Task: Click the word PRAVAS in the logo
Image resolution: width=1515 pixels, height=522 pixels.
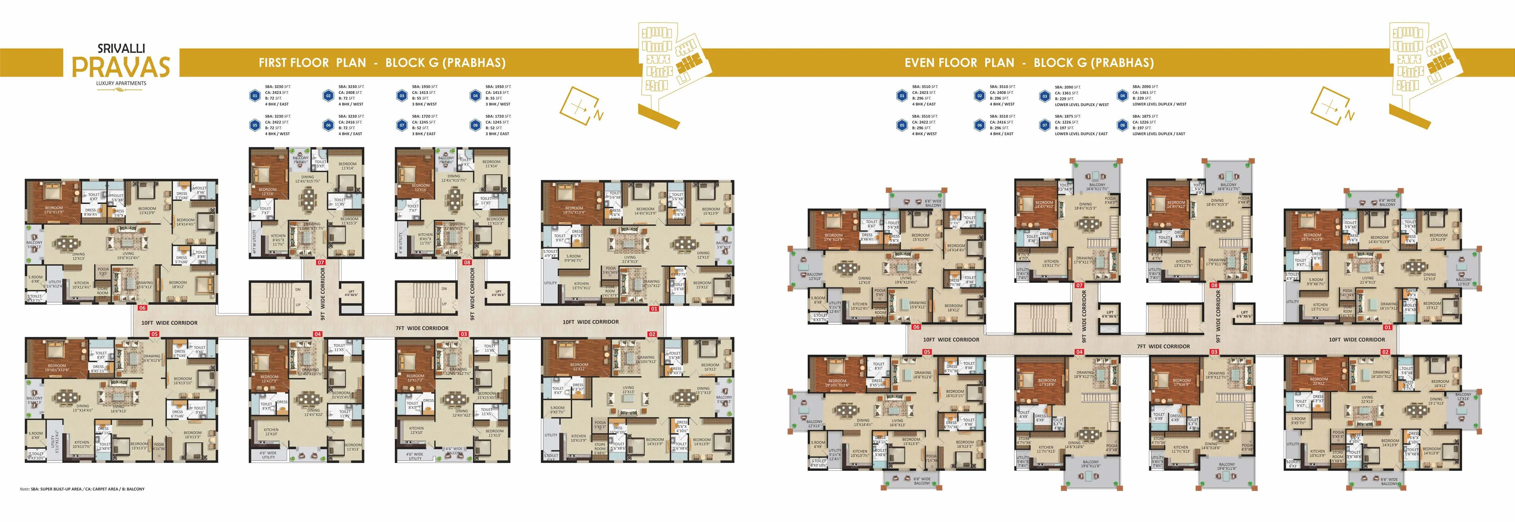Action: pyautogui.click(x=121, y=66)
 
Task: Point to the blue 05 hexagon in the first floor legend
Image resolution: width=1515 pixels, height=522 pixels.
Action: pyautogui.click(x=255, y=125)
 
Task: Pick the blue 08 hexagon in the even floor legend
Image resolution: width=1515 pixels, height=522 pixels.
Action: pyautogui.click(x=1122, y=125)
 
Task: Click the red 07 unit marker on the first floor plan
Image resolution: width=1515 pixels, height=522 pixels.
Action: pyautogui.click(x=320, y=263)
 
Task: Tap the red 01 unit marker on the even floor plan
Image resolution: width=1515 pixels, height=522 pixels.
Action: pyautogui.click(x=1387, y=327)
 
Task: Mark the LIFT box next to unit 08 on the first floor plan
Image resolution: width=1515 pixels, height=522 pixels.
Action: pyautogui.click(x=498, y=292)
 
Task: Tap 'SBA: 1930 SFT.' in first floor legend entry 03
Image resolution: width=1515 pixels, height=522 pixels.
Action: pyautogui.click(x=425, y=86)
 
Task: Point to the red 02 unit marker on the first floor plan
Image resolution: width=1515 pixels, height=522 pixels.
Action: pyautogui.click(x=652, y=334)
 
